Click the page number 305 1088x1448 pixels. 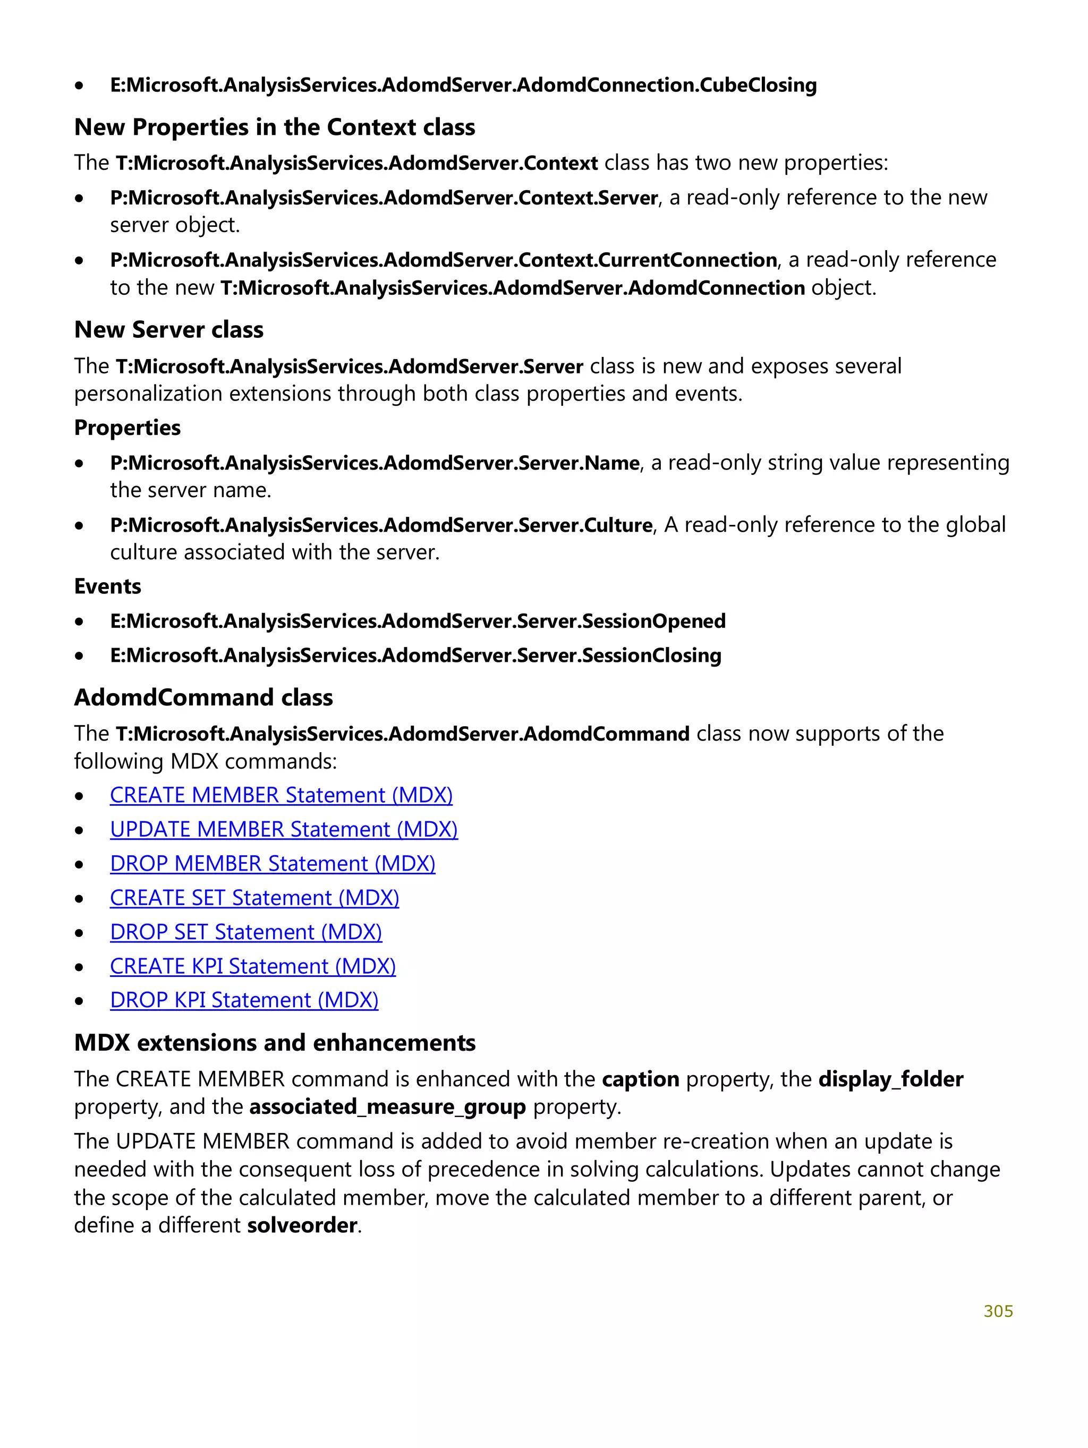pyautogui.click(x=997, y=1310)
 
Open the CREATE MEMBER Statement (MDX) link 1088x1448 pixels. pyautogui.click(x=281, y=795)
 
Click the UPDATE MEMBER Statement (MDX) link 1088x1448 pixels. pyautogui.click(x=284, y=829)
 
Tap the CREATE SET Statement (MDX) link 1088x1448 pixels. pyautogui.click(x=254, y=898)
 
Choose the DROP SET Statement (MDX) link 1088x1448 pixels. pyautogui.click(x=245, y=932)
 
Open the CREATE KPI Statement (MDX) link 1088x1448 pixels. pyautogui.click(x=253, y=966)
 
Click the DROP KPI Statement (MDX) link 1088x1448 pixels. pyautogui.click(x=243, y=1000)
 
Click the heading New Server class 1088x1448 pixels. pyautogui.click(x=168, y=329)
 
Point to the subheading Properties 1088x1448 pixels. pyautogui.click(x=127, y=428)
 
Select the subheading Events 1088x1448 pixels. pyautogui.click(x=107, y=586)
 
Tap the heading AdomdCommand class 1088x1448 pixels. pyautogui.click(x=203, y=697)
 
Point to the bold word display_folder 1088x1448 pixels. pyautogui.click(x=890, y=1079)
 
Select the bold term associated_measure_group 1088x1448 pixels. pyautogui.click(x=387, y=1106)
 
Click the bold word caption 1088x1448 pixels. pyautogui.click(x=640, y=1079)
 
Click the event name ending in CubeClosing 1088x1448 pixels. pyautogui.click(x=463, y=85)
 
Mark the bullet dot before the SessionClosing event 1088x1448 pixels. pyautogui.click(x=79, y=655)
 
